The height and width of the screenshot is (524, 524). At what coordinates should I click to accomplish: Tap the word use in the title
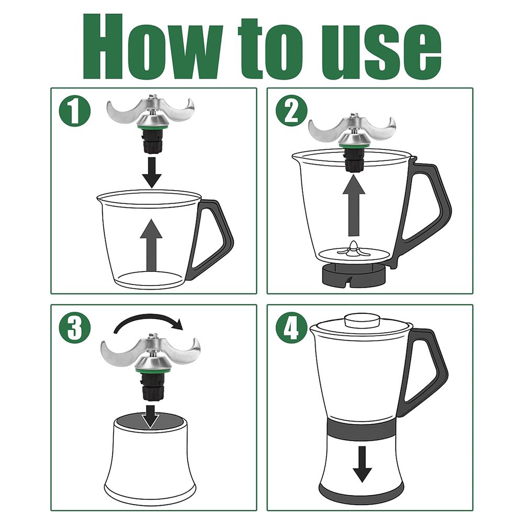pyautogui.click(x=381, y=51)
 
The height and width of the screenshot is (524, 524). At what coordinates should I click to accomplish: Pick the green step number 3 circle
pyautogui.click(x=74, y=328)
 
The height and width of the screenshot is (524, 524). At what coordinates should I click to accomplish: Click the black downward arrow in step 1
pyautogui.click(x=151, y=172)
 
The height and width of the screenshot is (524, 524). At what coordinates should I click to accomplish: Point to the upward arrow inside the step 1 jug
pyautogui.click(x=151, y=245)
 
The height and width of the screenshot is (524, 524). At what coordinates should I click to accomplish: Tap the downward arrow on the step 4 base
pyautogui.click(x=362, y=464)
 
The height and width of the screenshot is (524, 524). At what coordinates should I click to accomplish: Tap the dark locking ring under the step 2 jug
pyautogui.click(x=354, y=275)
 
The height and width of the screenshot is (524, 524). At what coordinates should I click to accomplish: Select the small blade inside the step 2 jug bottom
pyautogui.click(x=354, y=249)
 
